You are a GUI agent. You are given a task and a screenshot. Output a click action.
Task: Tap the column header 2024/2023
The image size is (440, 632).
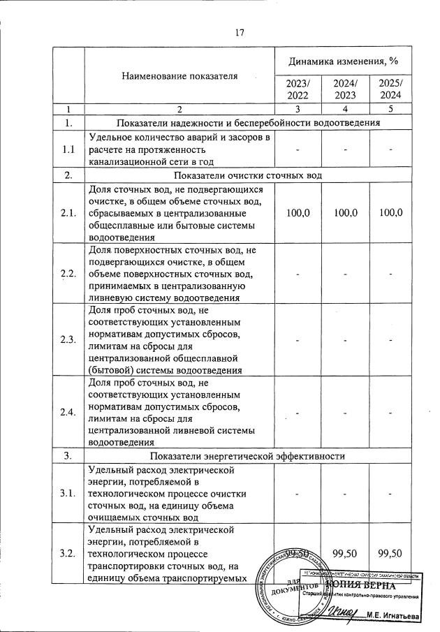coord(345,89)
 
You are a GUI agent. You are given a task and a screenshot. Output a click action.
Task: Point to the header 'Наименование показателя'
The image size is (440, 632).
coord(179,75)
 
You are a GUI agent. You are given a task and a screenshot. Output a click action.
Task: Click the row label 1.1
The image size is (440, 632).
coord(68,149)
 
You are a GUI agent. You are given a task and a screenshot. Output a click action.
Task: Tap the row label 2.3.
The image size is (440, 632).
coord(68,339)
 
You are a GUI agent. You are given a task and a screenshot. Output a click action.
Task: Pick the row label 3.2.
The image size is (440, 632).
coord(68,554)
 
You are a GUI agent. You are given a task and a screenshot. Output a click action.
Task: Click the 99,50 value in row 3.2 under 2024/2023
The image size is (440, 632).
coord(345,554)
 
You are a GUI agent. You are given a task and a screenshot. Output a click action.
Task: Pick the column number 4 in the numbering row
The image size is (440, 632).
coord(345,109)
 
